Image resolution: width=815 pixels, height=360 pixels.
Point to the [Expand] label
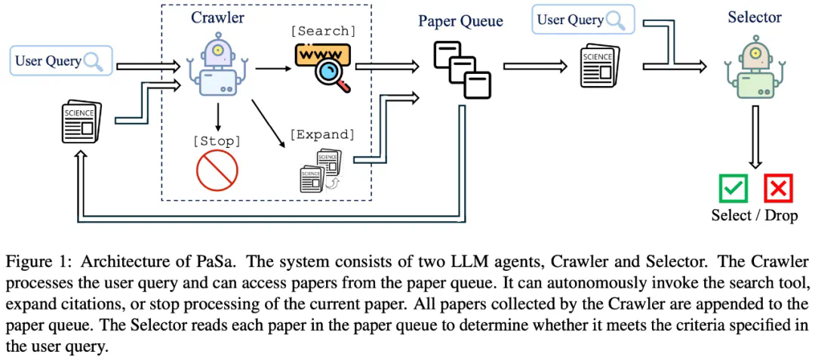pyautogui.click(x=321, y=134)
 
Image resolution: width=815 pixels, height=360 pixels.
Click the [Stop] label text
pyautogui.click(x=217, y=140)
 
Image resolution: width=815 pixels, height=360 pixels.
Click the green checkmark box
pyautogui.click(x=733, y=188)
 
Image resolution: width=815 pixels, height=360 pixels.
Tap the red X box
pyautogui.click(x=778, y=188)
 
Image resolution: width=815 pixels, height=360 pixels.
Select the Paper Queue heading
pyautogui.click(x=460, y=21)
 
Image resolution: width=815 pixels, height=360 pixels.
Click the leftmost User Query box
pyautogui.click(x=60, y=60)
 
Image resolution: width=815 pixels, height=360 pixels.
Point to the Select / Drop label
pyautogui.click(x=755, y=216)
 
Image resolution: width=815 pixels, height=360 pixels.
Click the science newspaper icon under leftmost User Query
pyautogui.click(x=79, y=122)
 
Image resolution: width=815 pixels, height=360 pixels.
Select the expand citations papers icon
pyautogui.click(x=320, y=170)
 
